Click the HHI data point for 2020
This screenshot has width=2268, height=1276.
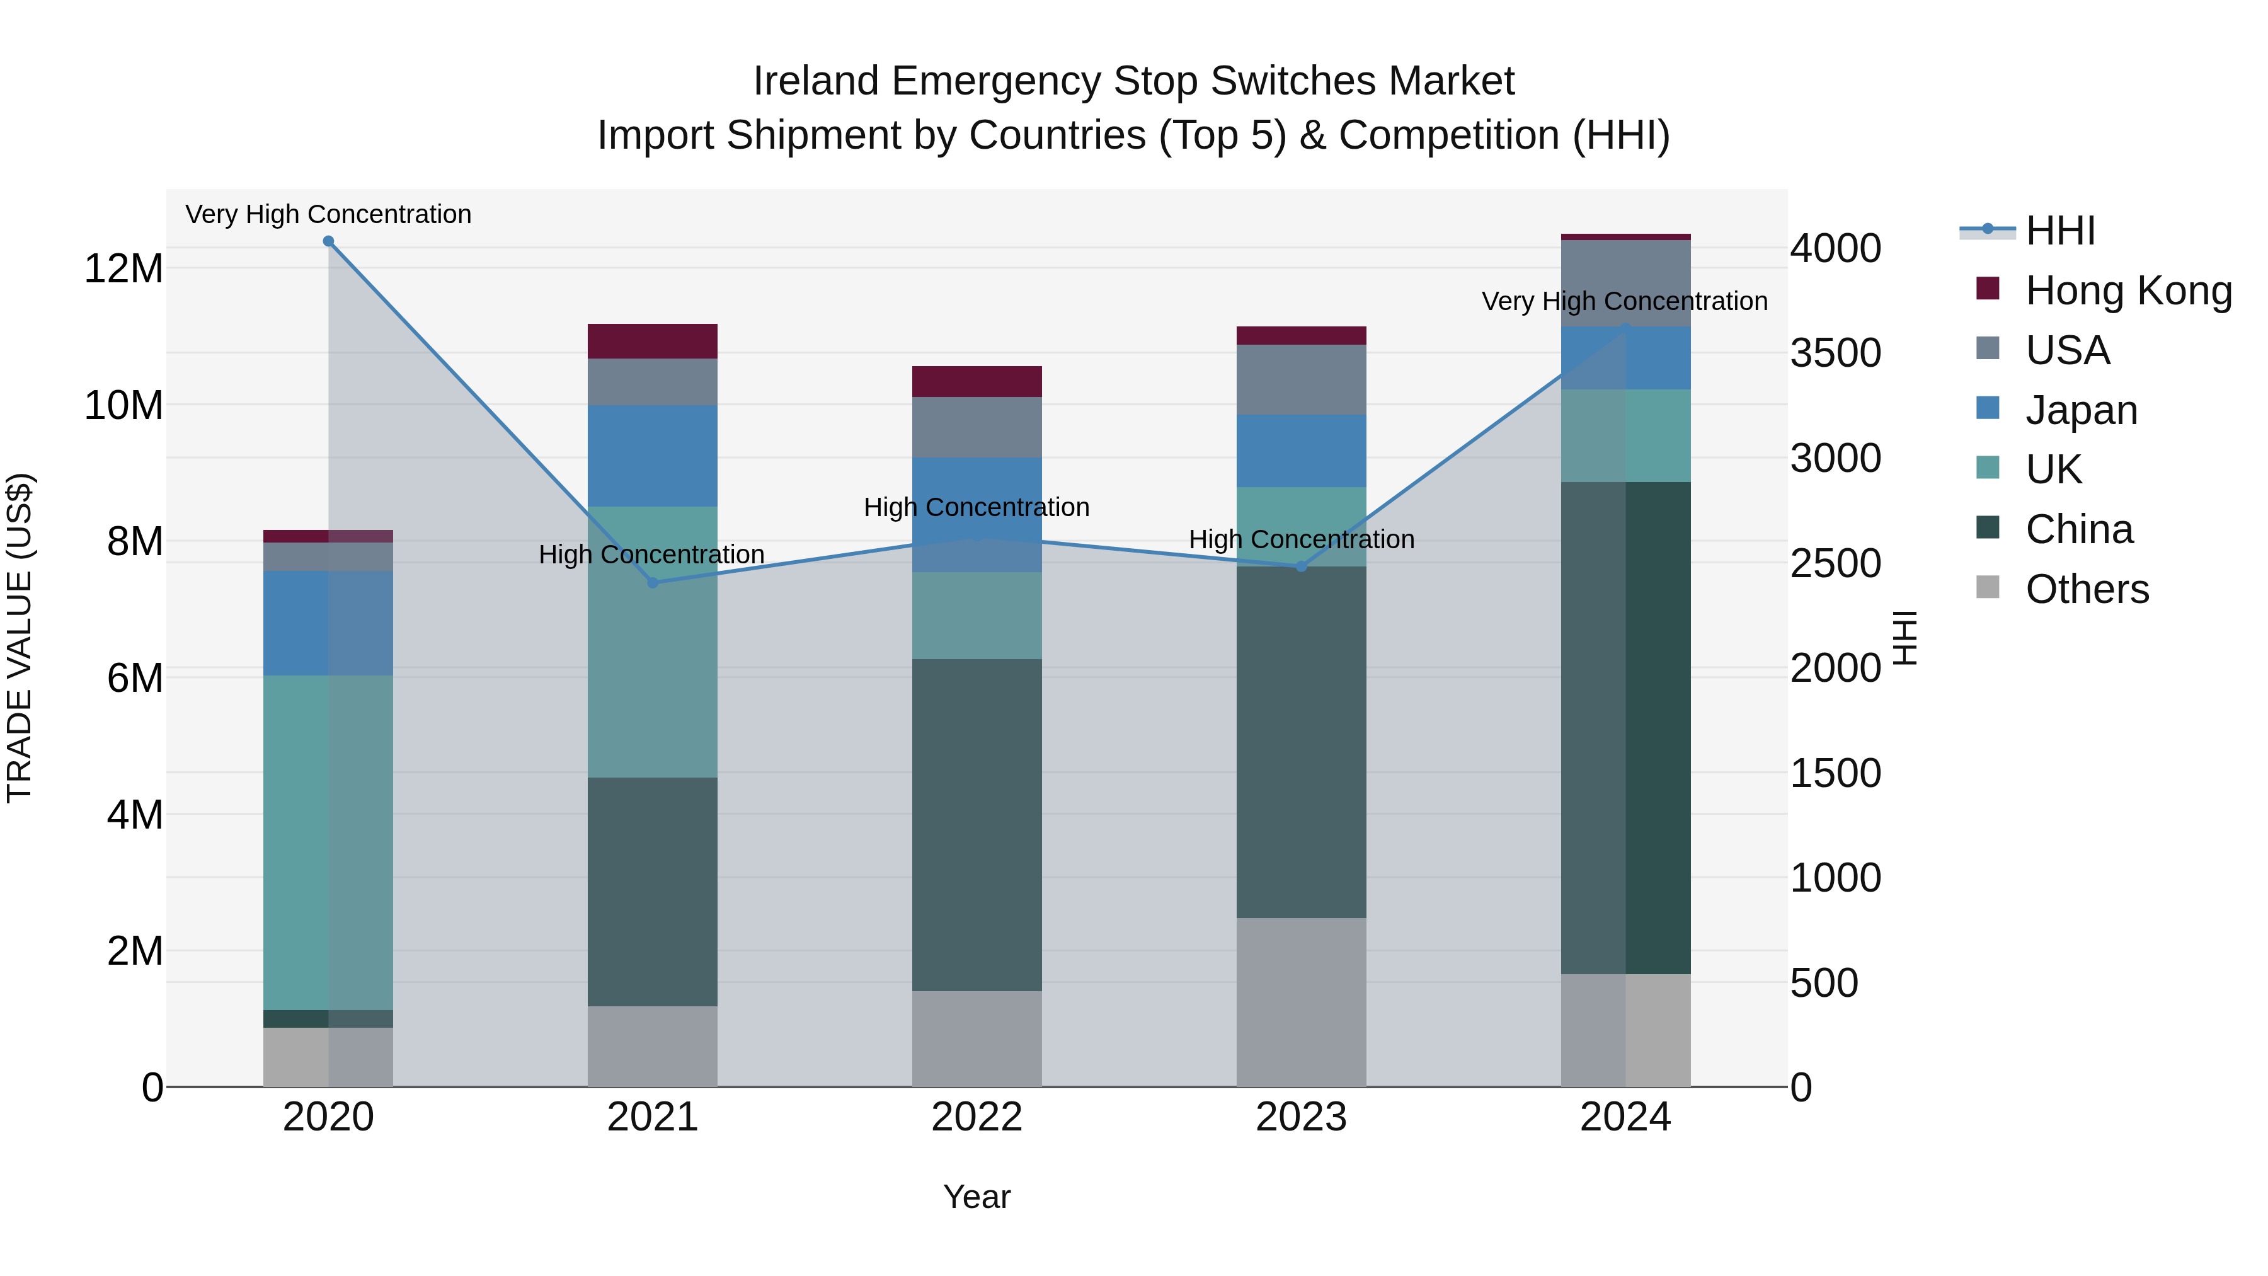[328, 241]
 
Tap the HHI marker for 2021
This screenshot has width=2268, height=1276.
[653, 582]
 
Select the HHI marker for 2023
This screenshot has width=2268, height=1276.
[1302, 566]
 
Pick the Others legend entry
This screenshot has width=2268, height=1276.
[2087, 589]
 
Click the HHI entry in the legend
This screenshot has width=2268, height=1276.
[2059, 231]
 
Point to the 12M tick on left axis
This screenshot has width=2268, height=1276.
[123, 268]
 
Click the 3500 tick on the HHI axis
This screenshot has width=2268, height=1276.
[1836, 353]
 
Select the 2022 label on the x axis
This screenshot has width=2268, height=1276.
[976, 1117]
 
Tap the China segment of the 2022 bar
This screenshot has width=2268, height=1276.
[976, 824]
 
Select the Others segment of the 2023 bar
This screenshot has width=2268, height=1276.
[1302, 1001]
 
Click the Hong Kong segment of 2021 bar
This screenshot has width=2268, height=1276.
[653, 341]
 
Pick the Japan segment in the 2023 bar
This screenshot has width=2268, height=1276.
[1302, 451]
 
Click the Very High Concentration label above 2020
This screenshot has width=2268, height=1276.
[328, 214]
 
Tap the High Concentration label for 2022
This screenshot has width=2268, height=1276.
[976, 507]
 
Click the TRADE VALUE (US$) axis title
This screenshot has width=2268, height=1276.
[20, 638]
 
